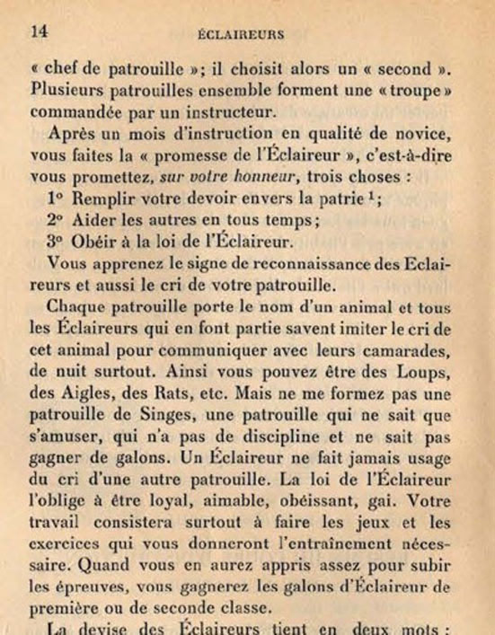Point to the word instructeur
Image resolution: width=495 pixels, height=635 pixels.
tap(247, 112)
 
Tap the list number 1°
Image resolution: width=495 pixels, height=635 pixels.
tap(57, 198)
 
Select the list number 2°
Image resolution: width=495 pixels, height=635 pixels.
tap(57, 220)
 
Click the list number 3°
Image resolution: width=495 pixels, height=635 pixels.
tap(57, 242)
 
